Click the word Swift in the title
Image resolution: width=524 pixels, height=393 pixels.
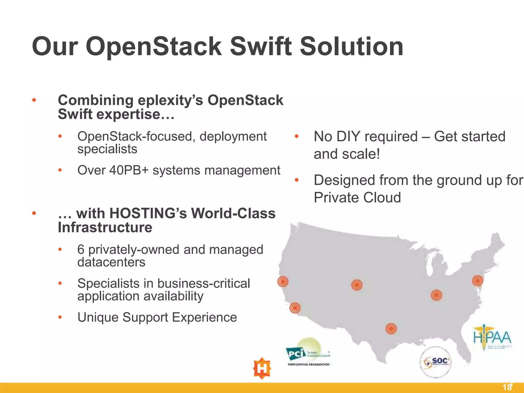coord(261,47)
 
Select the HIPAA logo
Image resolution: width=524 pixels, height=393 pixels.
coord(492,337)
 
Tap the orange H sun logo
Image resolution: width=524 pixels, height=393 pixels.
coord(262,368)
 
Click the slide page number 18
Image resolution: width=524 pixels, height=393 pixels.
coord(507,387)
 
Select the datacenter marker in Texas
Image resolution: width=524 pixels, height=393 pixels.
coord(391,329)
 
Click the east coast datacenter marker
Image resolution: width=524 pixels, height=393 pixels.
coord(477,281)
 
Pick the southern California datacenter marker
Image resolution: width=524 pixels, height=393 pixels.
coord(295,308)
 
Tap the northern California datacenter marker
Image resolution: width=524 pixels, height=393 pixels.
coord(283,282)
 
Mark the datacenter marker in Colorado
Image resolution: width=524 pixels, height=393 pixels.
coord(357,285)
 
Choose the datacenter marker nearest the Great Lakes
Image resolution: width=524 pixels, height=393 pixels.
coord(436,295)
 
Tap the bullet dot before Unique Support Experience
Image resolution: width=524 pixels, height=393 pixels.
coord(60,318)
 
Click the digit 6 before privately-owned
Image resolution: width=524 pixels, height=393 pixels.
coord(81,250)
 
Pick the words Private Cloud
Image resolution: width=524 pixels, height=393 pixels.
coord(357,198)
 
